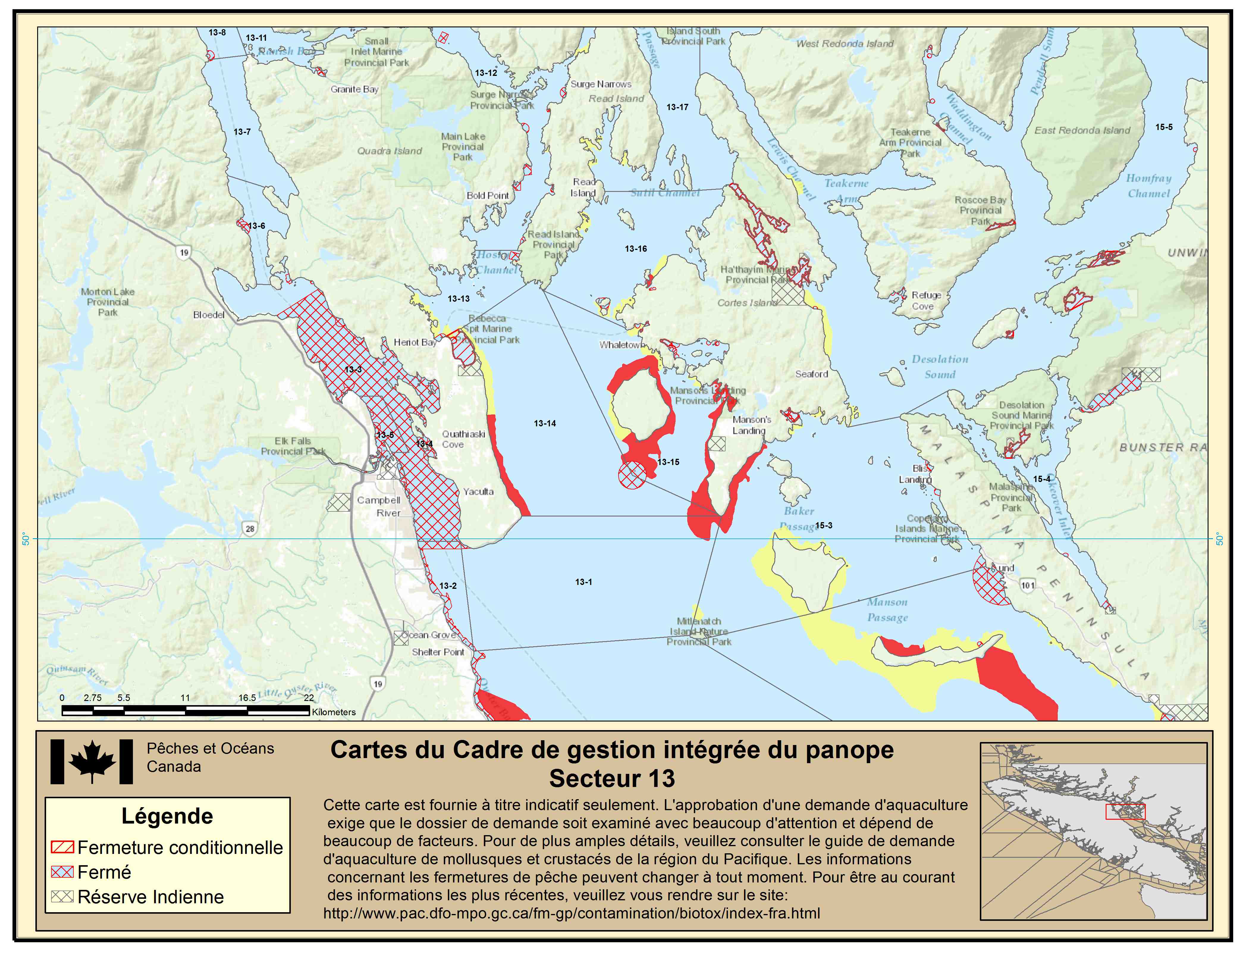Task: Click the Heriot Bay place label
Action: click(415, 342)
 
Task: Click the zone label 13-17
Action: click(677, 107)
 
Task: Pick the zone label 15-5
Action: click(1164, 127)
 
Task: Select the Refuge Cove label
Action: click(926, 300)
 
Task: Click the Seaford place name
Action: click(812, 374)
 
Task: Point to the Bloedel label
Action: click(209, 315)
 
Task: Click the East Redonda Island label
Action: click(1082, 130)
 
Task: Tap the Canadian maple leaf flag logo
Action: click(92, 762)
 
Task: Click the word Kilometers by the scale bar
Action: click(334, 712)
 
